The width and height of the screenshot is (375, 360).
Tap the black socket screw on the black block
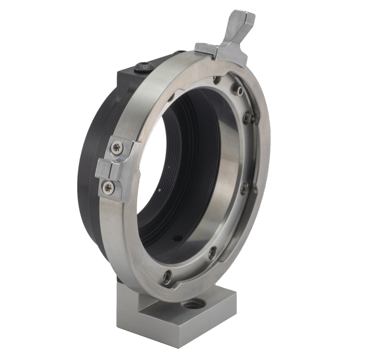pyautogui.click(x=143, y=67)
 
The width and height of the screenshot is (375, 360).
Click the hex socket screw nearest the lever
pyautogui.click(x=239, y=92)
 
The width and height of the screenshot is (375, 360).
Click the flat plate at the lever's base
pyautogui.click(x=206, y=48)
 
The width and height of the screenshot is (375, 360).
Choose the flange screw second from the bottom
pyautogui.click(x=213, y=252)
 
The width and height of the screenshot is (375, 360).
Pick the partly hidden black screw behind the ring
pyautogui.click(x=180, y=52)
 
